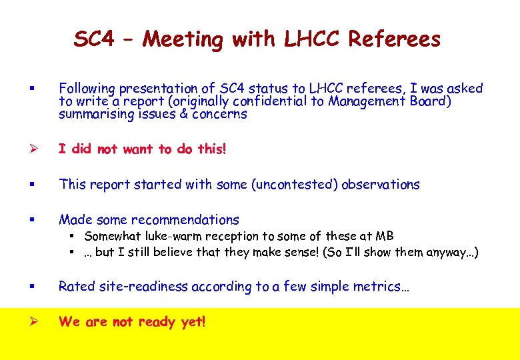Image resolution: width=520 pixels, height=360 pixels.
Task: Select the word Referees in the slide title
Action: click(395, 39)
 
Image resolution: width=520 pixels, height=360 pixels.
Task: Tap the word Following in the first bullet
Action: click(87, 89)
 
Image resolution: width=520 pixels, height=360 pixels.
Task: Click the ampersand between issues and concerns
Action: click(183, 114)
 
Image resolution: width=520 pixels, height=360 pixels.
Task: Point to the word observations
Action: click(381, 185)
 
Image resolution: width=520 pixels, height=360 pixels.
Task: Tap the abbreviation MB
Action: click(385, 236)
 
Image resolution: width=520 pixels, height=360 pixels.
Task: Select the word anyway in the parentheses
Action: click(447, 253)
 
